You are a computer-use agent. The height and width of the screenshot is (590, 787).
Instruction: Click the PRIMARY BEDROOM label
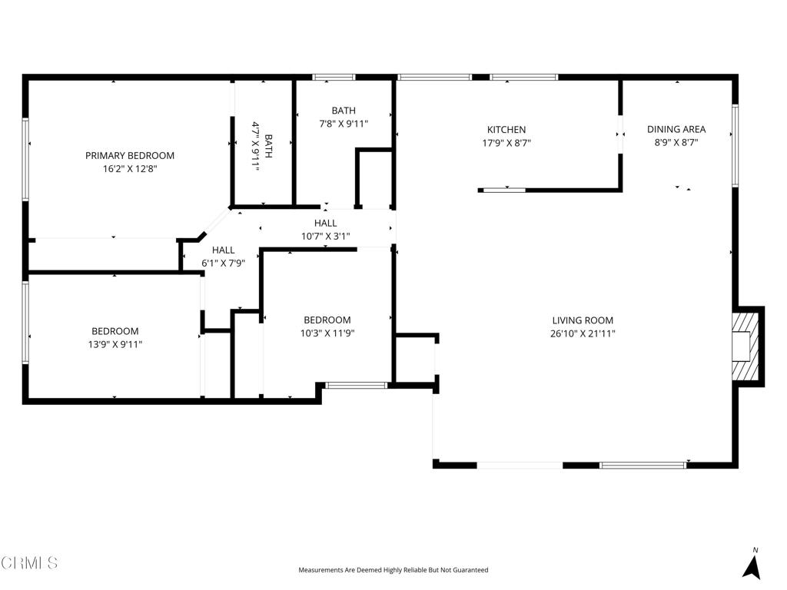pyautogui.click(x=129, y=155)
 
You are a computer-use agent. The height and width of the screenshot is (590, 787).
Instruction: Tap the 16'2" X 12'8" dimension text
pyautogui.click(x=129, y=168)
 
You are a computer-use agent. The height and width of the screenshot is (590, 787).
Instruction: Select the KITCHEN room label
pyautogui.click(x=506, y=129)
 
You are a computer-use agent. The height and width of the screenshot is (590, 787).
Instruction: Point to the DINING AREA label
pyautogui.click(x=676, y=129)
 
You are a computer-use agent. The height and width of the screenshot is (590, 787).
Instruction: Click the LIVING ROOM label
pyautogui.click(x=583, y=320)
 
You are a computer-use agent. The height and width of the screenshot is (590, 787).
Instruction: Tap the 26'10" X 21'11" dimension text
pyautogui.click(x=583, y=333)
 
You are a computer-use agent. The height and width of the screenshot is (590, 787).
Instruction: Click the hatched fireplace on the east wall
pyautogui.click(x=745, y=346)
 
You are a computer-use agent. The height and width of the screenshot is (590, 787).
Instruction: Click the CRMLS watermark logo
pyautogui.click(x=29, y=562)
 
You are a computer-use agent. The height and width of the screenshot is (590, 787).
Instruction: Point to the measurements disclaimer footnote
pyautogui.click(x=393, y=570)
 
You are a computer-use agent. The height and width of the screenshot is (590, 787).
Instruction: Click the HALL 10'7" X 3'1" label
pyautogui.click(x=325, y=229)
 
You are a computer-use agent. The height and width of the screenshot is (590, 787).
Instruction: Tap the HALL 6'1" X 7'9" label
pyautogui.click(x=224, y=256)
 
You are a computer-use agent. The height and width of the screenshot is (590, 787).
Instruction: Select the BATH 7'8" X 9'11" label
pyautogui.click(x=344, y=117)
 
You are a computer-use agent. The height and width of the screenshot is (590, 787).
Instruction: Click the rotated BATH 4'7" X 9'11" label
pyautogui.click(x=262, y=146)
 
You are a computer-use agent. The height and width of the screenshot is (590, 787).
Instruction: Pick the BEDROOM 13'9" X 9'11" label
pyautogui.click(x=115, y=338)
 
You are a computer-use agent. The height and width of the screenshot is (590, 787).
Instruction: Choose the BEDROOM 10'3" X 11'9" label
pyautogui.click(x=327, y=326)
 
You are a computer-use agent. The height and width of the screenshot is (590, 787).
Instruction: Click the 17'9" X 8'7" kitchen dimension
pyautogui.click(x=506, y=142)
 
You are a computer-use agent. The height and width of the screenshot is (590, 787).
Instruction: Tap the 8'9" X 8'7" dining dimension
pyautogui.click(x=676, y=142)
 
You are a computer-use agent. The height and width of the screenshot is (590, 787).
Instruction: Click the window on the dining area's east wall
pyautogui.click(x=736, y=145)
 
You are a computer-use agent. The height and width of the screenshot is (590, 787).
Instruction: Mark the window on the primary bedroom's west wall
pyautogui.click(x=25, y=160)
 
